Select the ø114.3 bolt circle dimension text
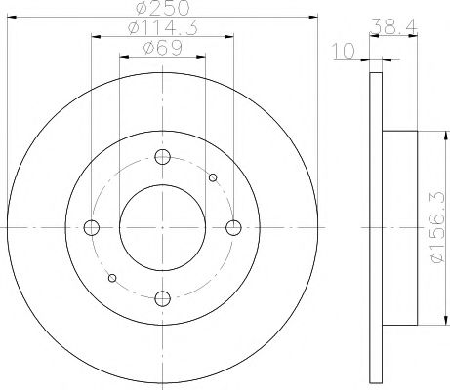pos(163,27)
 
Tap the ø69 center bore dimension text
pos(163,48)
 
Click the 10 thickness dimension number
pos(344,51)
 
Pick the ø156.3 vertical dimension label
pos(436,227)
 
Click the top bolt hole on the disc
pos(163,157)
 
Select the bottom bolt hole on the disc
pos(163,298)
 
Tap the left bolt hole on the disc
pos(92,227)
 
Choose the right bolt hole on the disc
pos(233,227)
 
